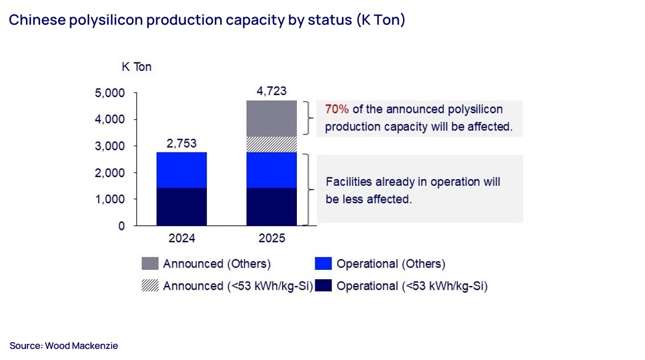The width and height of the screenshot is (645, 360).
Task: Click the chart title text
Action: click(x=206, y=20)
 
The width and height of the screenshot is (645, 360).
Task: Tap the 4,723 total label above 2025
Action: click(x=272, y=91)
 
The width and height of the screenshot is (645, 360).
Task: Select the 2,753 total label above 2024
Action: click(x=181, y=143)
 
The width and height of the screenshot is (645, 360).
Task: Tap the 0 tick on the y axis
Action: click(x=121, y=226)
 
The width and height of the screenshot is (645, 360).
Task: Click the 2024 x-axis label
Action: click(x=181, y=238)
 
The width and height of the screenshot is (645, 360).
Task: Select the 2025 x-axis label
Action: click(x=272, y=238)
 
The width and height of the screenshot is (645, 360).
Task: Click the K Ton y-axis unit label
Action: click(x=136, y=67)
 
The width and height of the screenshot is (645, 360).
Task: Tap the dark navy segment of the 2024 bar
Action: click(x=181, y=207)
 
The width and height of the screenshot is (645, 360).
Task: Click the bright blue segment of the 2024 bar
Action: click(x=181, y=170)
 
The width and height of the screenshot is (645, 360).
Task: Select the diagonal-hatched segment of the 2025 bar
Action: click(x=272, y=144)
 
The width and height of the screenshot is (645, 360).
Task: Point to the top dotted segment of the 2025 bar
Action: click(x=272, y=118)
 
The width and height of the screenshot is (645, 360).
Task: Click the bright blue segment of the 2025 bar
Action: click(x=272, y=170)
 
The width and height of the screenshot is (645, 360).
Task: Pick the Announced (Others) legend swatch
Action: click(x=150, y=264)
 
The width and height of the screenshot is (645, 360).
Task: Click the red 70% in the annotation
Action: click(x=337, y=109)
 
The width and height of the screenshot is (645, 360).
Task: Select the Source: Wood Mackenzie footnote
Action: click(x=64, y=346)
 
